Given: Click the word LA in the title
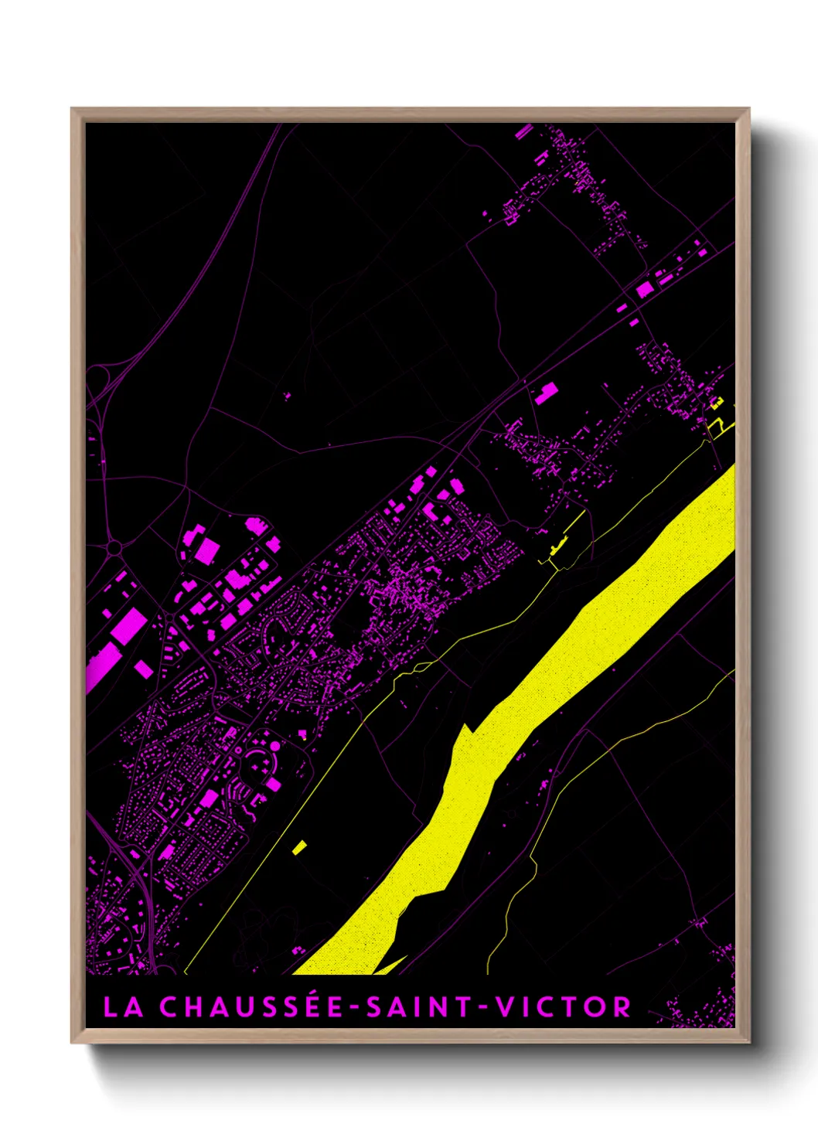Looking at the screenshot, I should pyautogui.click(x=123, y=1007).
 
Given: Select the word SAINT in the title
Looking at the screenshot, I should pyautogui.click(x=418, y=1007).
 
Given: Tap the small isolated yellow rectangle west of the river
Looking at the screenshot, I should pyautogui.click(x=300, y=847).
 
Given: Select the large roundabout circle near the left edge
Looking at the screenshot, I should pyautogui.click(x=114, y=548).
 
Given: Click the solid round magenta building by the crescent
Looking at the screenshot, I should pyautogui.click(x=274, y=746).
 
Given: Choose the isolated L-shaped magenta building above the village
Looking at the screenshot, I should pyautogui.click(x=547, y=393).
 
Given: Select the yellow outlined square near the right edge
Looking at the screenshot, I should pyautogui.click(x=717, y=402).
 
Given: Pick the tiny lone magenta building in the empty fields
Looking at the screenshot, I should pyautogui.click(x=288, y=396).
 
